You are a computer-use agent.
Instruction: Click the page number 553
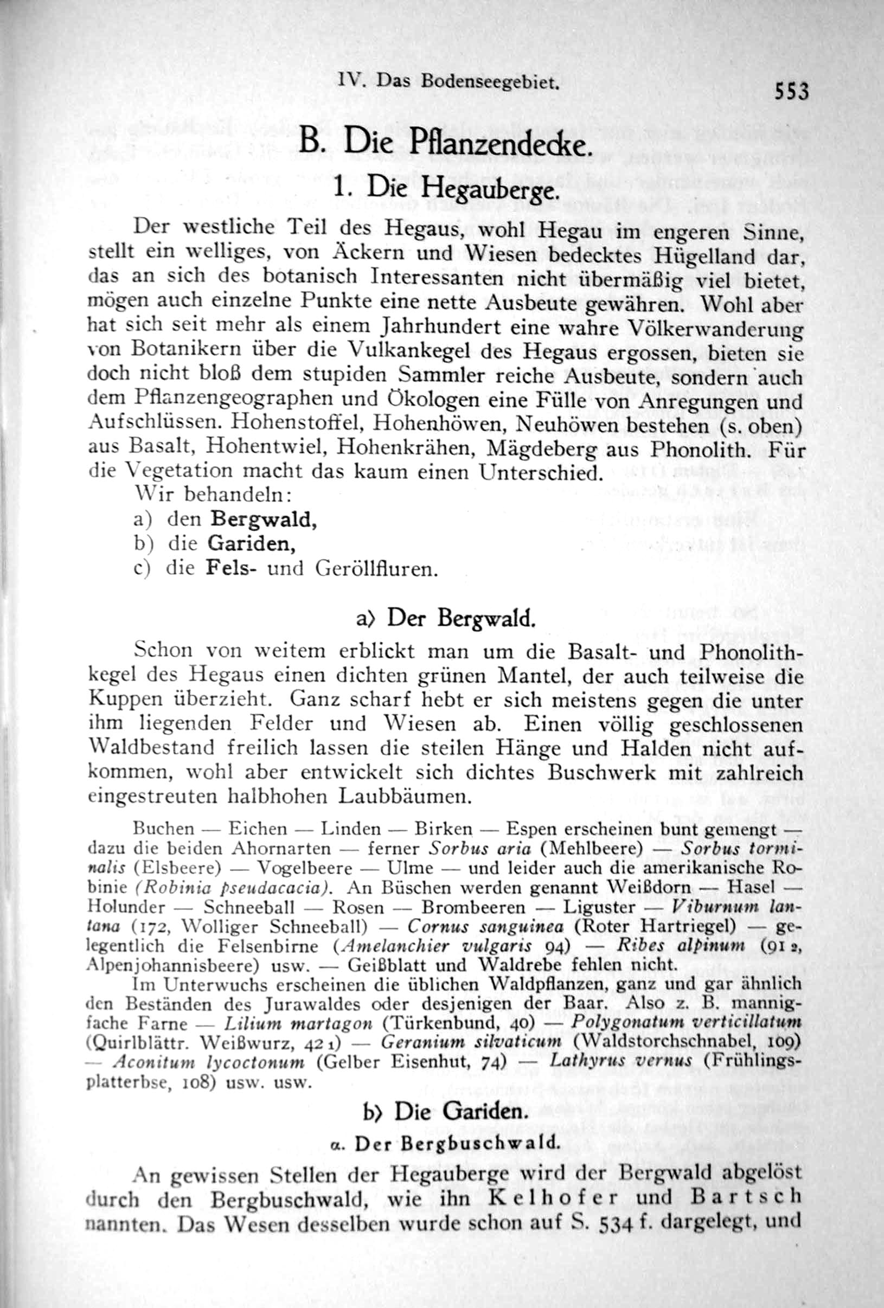click(791, 91)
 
